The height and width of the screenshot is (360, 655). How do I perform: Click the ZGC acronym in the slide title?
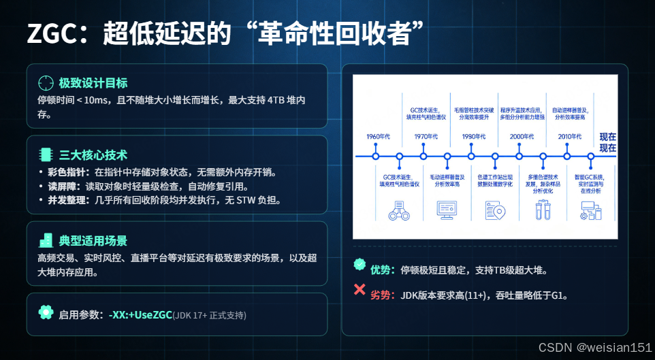click(52, 34)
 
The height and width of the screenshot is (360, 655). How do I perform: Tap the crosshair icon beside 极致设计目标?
click(46, 83)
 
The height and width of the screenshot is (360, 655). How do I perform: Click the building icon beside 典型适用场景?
click(46, 240)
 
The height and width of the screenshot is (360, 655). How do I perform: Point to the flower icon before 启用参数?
click(46, 312)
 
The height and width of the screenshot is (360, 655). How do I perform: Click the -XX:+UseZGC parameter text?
click(140, 315)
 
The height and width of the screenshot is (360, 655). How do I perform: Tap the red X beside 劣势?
click(360, 289)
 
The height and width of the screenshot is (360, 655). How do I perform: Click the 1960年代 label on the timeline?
click(378, 137)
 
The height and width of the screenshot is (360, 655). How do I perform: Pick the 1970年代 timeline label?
click(426, 137)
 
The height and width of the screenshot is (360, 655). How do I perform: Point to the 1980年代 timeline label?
click(474, 137)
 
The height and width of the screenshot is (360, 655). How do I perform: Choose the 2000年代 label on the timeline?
click(522, 137)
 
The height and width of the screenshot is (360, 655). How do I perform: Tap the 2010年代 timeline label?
click(570, 137)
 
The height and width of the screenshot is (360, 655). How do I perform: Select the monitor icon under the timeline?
click(447, 209)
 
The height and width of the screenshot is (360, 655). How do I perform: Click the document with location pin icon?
click(495, 210)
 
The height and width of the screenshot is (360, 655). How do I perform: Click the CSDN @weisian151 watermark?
click(594, 348)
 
